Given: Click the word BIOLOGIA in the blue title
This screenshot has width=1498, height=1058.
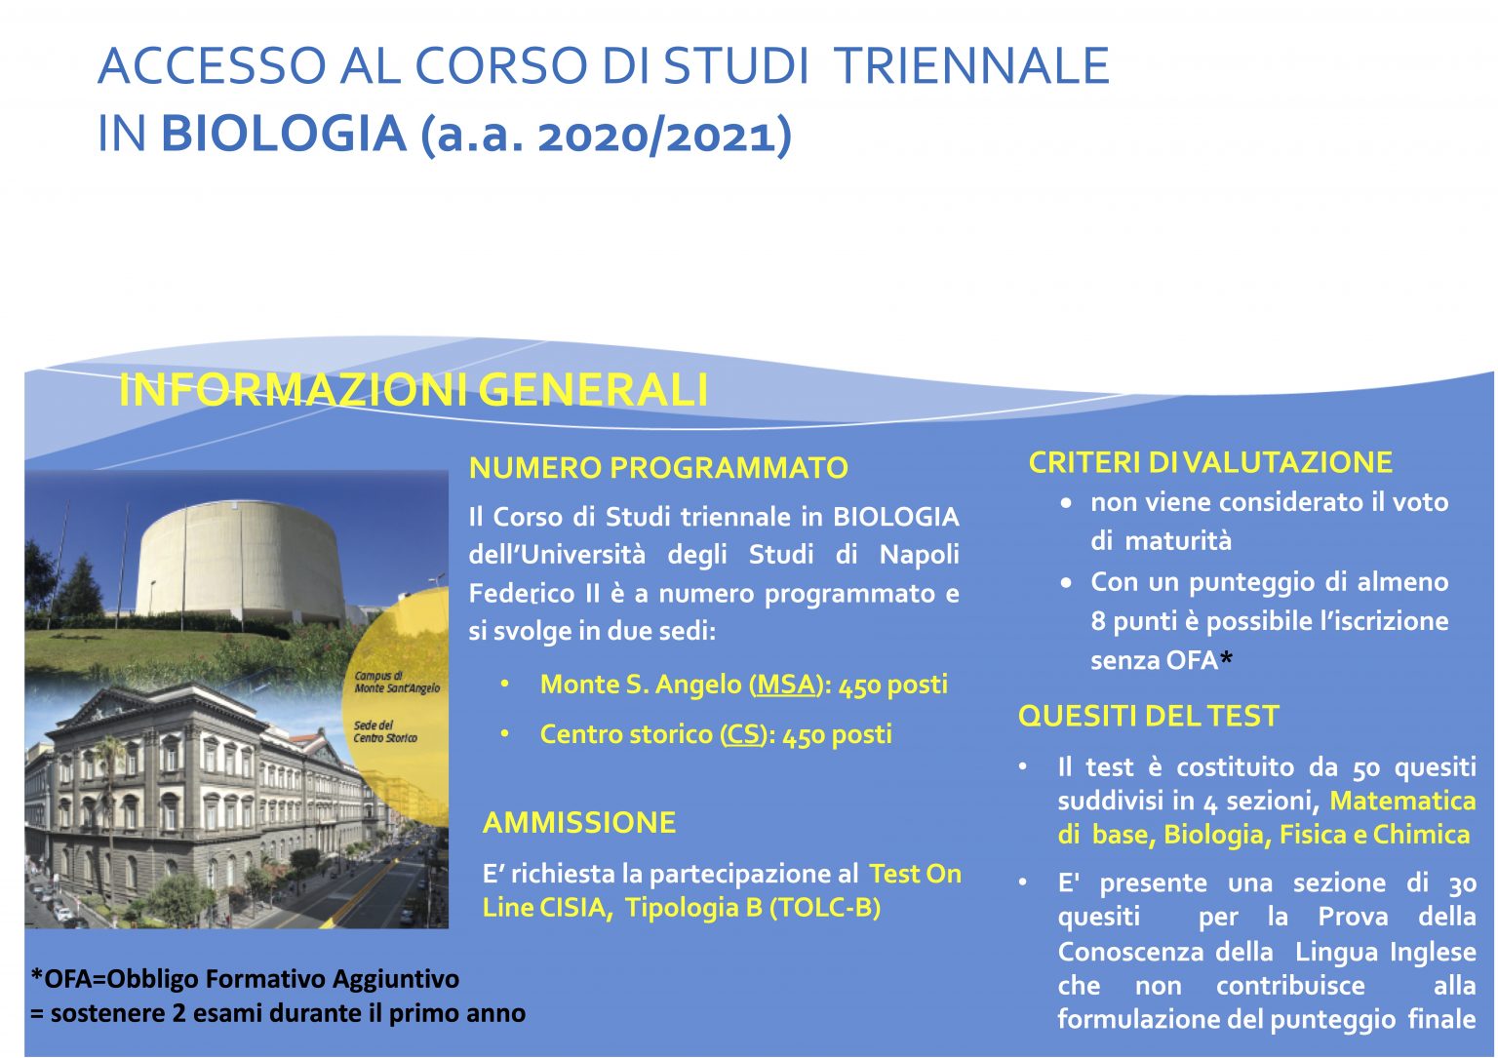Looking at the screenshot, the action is (x=284, y=133).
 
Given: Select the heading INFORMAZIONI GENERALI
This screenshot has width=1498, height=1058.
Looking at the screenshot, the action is (x=414, y=389).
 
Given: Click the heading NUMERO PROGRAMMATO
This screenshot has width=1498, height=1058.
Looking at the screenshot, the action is (x=658, y=467).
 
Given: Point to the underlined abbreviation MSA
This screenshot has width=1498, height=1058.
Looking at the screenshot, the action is (x=786, y=685).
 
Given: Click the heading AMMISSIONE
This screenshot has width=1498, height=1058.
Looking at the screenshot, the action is (x=579, y=823).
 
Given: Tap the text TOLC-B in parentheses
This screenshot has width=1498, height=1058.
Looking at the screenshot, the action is (x=825, y=908).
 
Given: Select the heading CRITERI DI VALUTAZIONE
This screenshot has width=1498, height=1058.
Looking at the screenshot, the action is (x=1210, y=462).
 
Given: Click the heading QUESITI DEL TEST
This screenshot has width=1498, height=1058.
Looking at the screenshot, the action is (x=1148, y=717).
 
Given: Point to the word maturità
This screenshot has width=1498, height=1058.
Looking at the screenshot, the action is (x=1178, y=540).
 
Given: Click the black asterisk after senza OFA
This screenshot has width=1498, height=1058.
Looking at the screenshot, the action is (x=1226, y=659).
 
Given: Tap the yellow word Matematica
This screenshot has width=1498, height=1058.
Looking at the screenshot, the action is (x=1402, y=801).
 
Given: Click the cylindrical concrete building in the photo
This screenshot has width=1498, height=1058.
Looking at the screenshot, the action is (x=241, y=561).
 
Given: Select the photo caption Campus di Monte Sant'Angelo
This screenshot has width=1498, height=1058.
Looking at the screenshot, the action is (x=397, y=682).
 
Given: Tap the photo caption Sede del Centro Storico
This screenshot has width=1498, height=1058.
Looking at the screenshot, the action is (x=385, y=731).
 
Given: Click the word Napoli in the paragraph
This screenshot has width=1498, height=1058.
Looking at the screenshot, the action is (x=919, y=555).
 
